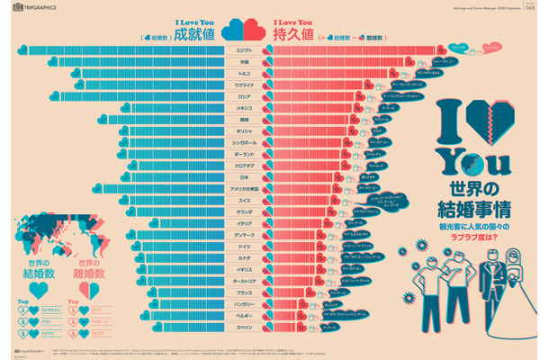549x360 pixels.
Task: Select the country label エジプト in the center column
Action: tap(244, 50)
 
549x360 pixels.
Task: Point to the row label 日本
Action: tap(244, 176)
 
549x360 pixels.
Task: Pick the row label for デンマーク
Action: tap(244, 234)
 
